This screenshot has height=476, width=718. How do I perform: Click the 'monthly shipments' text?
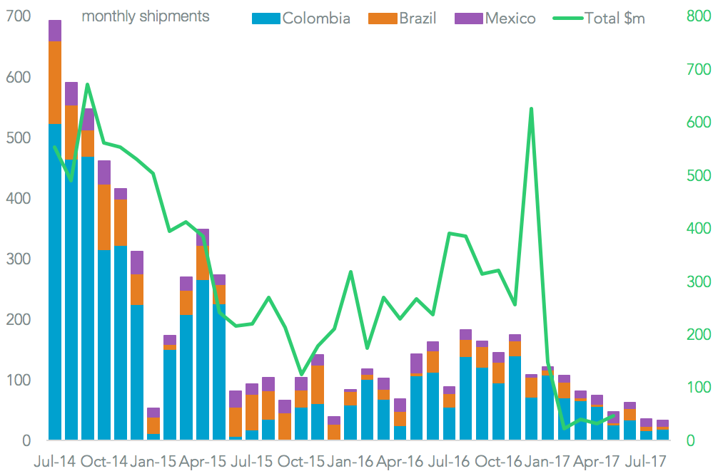click(146, 16)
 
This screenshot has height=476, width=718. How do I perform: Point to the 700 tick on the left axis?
click(18, 16)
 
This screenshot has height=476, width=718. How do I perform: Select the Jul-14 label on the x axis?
click(55, 462)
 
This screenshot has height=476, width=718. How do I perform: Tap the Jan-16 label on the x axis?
click(350, 462)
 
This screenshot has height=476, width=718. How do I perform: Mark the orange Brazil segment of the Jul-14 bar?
click(55, 82)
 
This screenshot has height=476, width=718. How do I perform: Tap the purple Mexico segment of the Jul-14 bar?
click(55, 31)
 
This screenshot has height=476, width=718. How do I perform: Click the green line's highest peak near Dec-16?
click(531, 109)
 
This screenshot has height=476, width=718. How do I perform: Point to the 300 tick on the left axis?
click(18, 259)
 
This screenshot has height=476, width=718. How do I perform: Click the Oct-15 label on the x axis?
click(301, 462)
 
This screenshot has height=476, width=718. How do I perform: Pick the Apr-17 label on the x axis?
click(597, 462)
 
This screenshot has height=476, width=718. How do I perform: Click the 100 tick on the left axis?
click(18, 381)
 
